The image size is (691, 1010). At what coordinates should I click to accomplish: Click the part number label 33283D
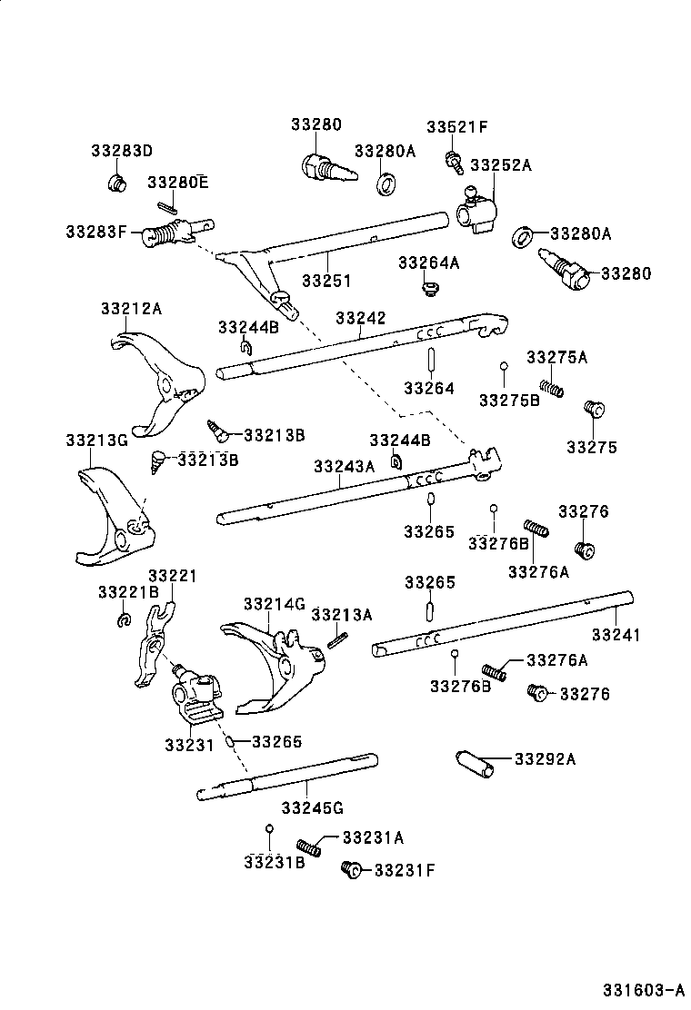point(122,151)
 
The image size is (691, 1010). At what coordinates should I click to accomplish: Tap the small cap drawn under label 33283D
point(116,183)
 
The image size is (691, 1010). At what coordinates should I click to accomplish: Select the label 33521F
point(458,127)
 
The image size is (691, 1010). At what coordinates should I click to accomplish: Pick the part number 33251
point(326,281)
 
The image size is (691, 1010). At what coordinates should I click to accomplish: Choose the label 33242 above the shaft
point(360,318)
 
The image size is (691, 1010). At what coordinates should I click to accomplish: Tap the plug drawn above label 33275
point(593,409)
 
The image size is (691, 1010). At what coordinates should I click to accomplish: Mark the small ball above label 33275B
point(503,368)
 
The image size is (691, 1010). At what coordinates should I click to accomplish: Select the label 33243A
point(344,466)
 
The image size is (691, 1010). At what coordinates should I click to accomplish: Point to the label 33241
point(616,635)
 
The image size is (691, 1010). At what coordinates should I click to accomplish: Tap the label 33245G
point(312,807)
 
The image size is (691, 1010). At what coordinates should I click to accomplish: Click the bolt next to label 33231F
point(350,869)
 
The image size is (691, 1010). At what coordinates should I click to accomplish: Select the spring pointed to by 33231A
point(310,848)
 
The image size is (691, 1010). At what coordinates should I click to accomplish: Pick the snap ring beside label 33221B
point(123,620)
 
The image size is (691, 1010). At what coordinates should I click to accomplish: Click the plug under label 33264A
point(427,289)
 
